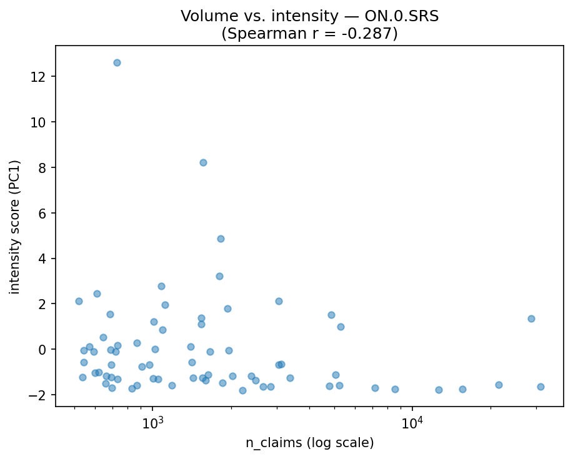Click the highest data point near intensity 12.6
(x=117, y=62)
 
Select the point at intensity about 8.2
(x=203, y=162)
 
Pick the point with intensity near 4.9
(x=221, y=239)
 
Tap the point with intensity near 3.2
(x=219, y=276)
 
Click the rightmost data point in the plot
(x=541, y=387)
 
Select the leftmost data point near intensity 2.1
(x=79, y=301)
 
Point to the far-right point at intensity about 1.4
(x=531, y=318)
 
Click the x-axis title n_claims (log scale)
(x=309, y=443)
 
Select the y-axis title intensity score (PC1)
(x=14, y=226)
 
